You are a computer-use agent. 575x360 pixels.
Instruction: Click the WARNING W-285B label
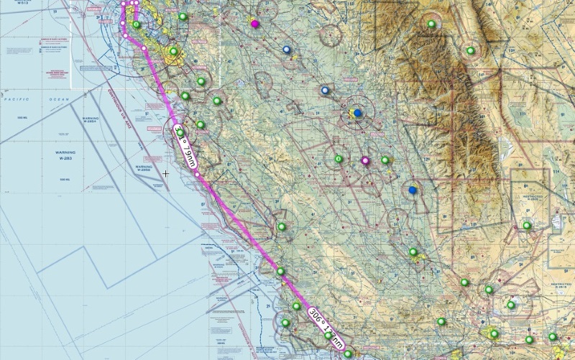pos(144,167)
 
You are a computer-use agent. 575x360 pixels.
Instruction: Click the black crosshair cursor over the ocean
pos(166,173)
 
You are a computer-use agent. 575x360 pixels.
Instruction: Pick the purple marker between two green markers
pos(365,161)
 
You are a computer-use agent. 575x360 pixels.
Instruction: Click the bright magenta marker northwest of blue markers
pos(254,24)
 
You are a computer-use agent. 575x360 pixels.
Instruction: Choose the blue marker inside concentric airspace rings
pos(357,113)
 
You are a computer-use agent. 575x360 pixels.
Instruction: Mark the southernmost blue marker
pos(412,190)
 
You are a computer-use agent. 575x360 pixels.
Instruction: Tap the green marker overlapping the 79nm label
pos(180,132)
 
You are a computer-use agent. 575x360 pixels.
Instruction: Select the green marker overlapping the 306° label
pos(328,336)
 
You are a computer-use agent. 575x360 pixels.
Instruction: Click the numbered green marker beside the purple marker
pos(339,159)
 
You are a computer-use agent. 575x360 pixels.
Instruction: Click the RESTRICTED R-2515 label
pos(560,285)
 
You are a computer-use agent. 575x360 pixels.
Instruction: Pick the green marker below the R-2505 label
pos(527,226)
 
